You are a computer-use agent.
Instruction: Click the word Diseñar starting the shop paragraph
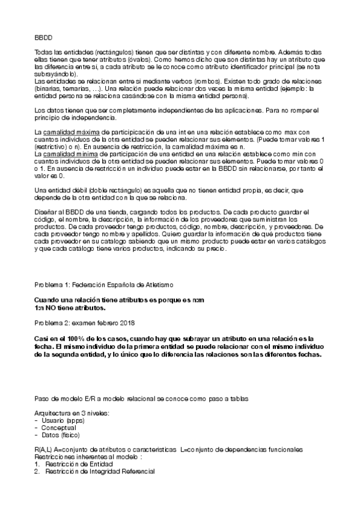pyautogui.click(x=46, y=212)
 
